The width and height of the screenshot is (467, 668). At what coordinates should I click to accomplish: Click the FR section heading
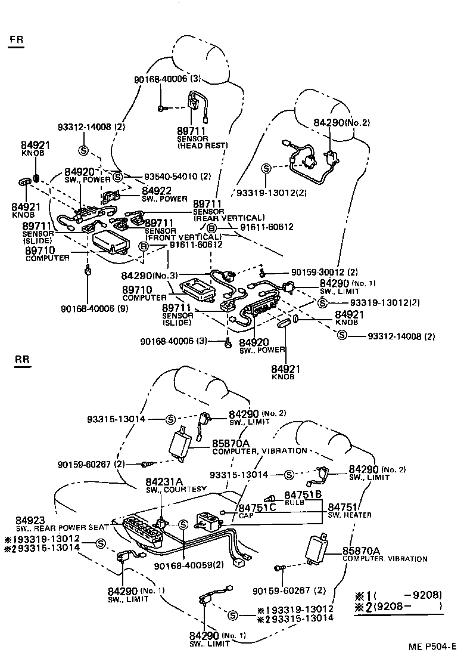pos(17,41)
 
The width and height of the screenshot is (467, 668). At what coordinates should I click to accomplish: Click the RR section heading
pos(22,360)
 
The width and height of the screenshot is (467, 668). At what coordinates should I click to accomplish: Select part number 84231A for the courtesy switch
pos(164,481)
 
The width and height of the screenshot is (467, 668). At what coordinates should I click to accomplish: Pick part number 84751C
pos(257,508)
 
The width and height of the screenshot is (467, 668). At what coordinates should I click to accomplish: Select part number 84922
pos(157,190)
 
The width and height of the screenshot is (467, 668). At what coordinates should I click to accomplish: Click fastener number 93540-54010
pos(170,177)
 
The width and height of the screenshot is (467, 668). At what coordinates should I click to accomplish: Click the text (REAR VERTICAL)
pos(229,218)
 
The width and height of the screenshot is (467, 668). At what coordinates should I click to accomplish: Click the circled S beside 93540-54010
pos(117,177)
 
